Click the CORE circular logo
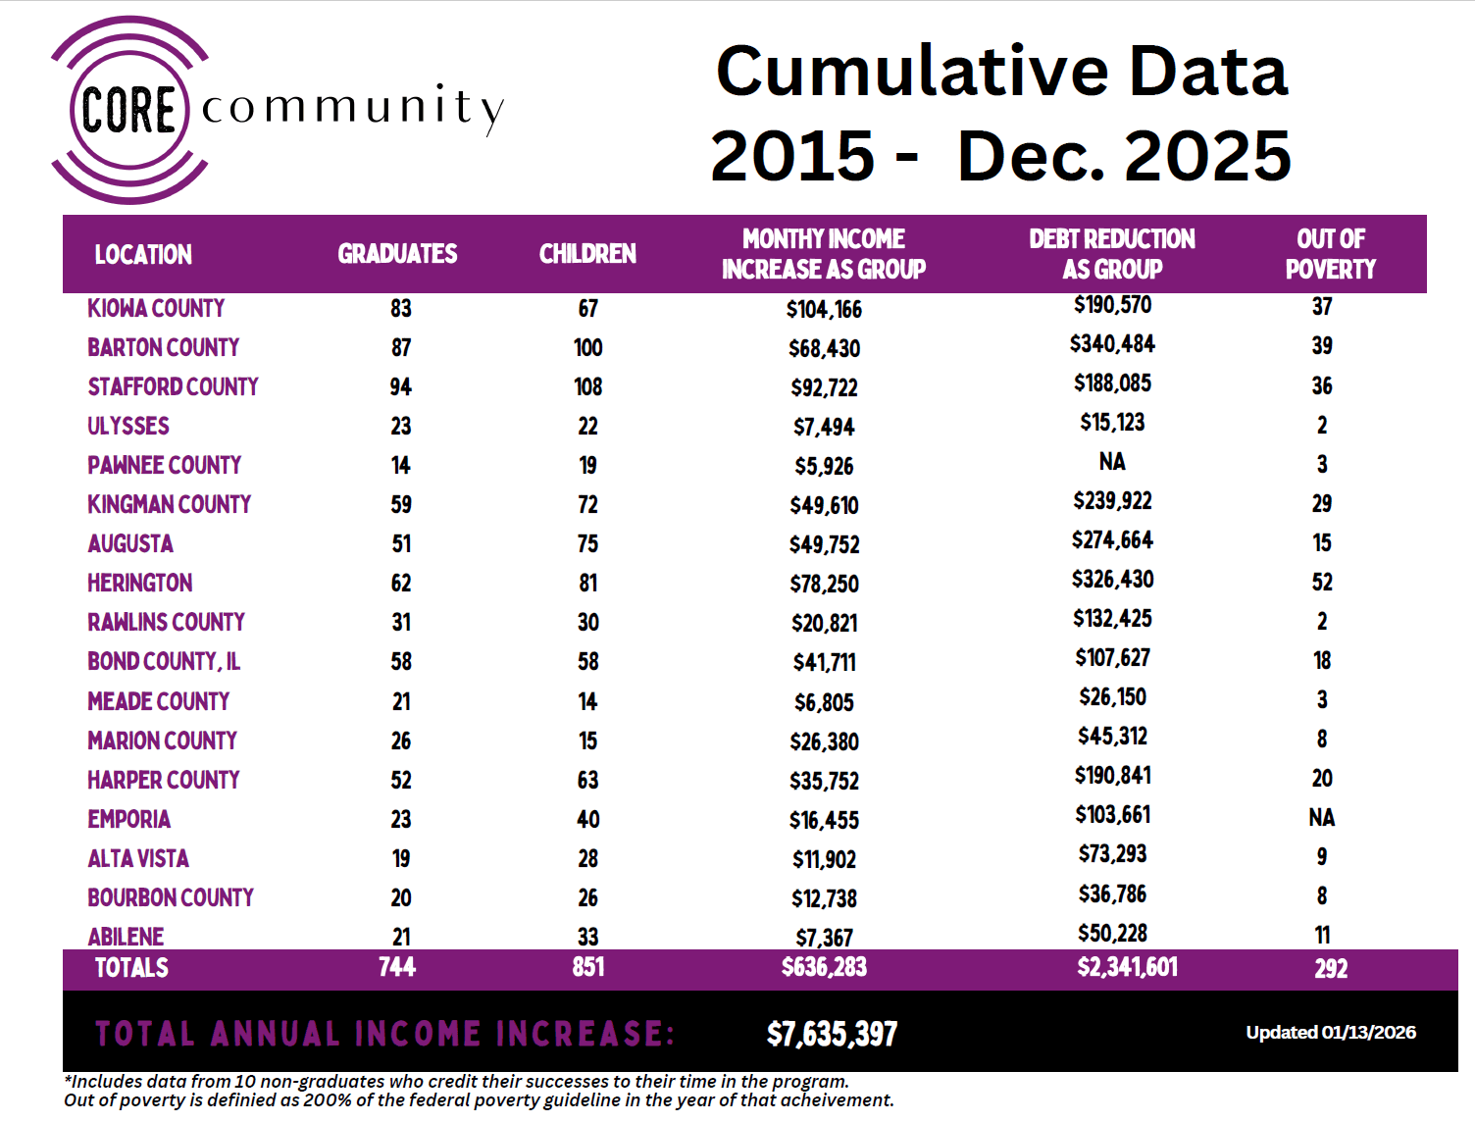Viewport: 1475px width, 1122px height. pyautogui.click(x=128, y=109)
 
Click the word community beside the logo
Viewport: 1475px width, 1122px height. pyautogui.click(x=352, y=107)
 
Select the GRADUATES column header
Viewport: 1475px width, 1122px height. pyautogui.click(x=397, y=254)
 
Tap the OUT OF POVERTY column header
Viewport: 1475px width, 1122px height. pyautogui.click(x=1330, y=254)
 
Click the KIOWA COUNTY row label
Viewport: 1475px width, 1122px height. pyautogui.click(x=156, y=308)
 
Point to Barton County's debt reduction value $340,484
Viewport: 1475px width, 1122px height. pyautogui.click(x=1112, y=344)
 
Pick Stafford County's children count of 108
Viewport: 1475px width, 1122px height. pyautogui.click(x=588, y=387)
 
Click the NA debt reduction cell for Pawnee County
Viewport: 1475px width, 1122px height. pyautogui.click(x=1112, y=462)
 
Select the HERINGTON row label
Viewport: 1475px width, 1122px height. pyautogui.click(x=140, y=584)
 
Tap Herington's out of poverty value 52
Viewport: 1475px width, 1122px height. pyautogui.click(x=1322, y=583)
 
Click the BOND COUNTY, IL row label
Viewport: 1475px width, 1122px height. pyautogui.click(x=164, y=662)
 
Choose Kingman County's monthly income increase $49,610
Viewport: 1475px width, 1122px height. pyautogui.click(x=824, y=505)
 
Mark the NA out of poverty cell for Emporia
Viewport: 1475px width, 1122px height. pyautogui.click(x=1322, y=818)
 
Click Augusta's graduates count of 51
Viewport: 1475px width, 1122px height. pyautogui.click(x=401, y=544)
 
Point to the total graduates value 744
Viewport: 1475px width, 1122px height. pyautogui.click(x=397, y=968)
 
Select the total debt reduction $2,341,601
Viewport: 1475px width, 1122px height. pyautogui.click(x=1127, y=968)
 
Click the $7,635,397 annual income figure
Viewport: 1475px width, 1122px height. pyautogui.click(x=832, y=1034)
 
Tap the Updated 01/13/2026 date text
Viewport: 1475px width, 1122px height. pyautogui.click(x=1331, y=1033)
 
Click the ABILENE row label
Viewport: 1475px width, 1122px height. pyautogui.click(x=126, y=937)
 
